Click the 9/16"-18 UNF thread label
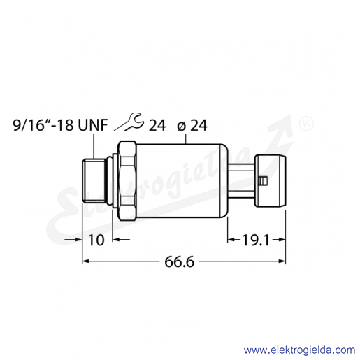(x=60, y=125)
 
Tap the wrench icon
(x=128, y=122)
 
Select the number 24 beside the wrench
(x=157, y=125)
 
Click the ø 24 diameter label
(x=192, y=125)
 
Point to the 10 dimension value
(x=96, y=240)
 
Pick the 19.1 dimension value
(x=256, y=240)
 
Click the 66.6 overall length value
(x=179, y=261)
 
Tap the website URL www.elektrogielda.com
(x=300, y=350)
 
